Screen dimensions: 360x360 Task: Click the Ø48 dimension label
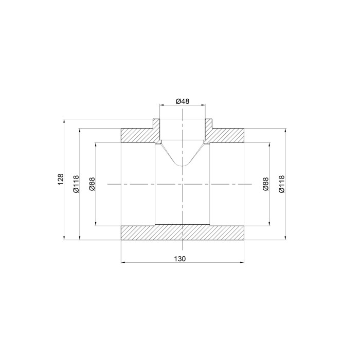[x=183, y=101]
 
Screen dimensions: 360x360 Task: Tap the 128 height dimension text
[x=60, y=179]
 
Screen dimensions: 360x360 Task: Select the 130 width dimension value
[x=179, y=259]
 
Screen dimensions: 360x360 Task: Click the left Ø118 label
[x=76, y=184]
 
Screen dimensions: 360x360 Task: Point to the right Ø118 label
[x=281, y=184]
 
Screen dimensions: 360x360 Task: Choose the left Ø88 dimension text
[x=92, y=184]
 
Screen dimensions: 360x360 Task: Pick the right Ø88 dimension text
[x=266, y=184]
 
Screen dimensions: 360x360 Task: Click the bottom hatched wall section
[x=182, y=233]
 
